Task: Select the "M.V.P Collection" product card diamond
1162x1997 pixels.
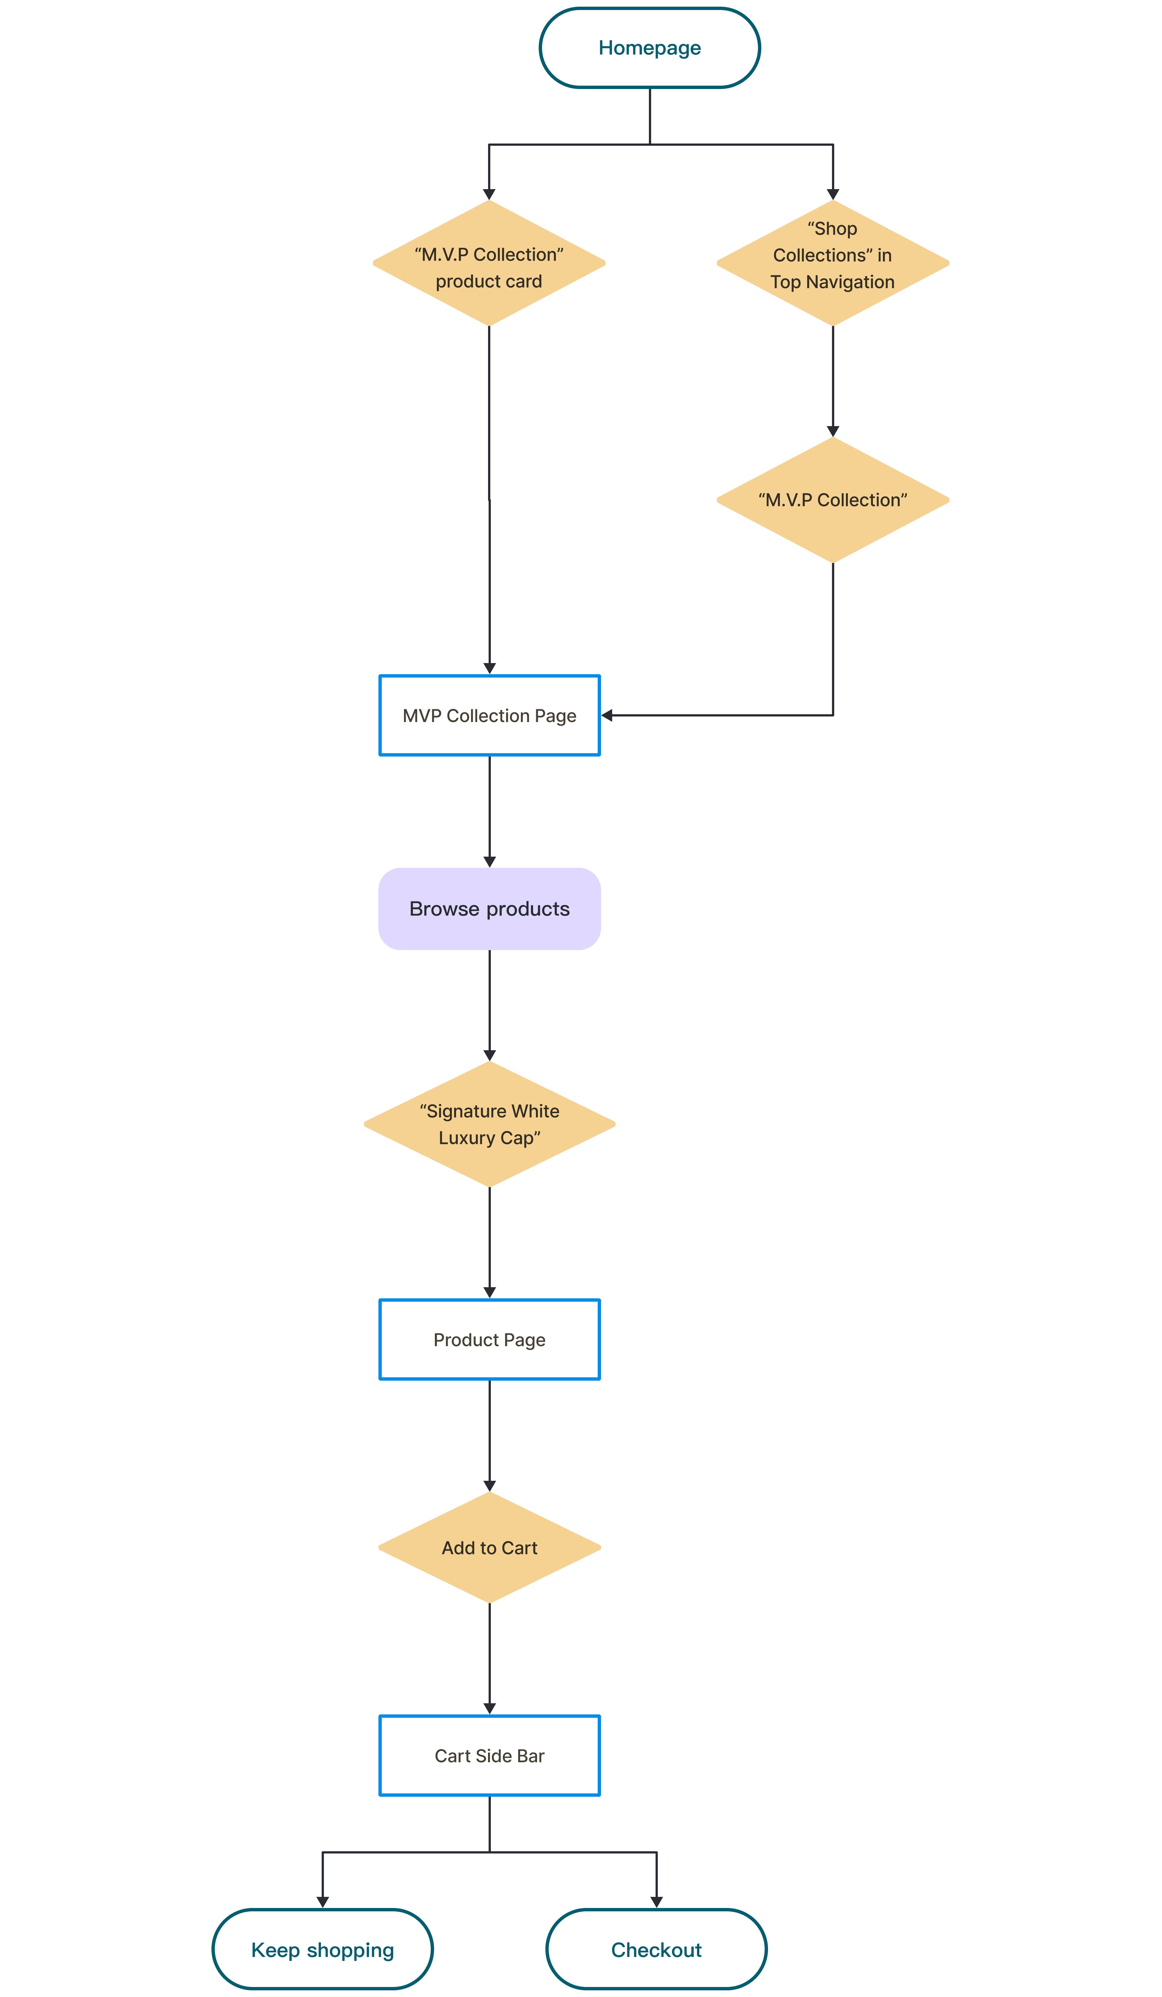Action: [489, 263]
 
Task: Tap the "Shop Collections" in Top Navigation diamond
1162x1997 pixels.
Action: [832, 263]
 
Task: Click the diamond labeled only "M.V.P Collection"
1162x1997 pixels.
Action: [832, 500]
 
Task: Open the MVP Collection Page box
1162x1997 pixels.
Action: [490, 716]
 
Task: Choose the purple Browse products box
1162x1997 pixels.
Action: [490, 909]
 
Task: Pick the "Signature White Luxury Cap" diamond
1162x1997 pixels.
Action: [490, 1124]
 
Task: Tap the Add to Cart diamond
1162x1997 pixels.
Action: [490, 1548]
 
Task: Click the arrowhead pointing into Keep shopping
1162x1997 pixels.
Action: [322, 1902]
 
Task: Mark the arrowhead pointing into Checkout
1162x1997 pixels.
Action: [656, 1902]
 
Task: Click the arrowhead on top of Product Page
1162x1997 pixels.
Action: [490, 1292]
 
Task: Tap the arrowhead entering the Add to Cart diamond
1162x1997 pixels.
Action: [490, 1486]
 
